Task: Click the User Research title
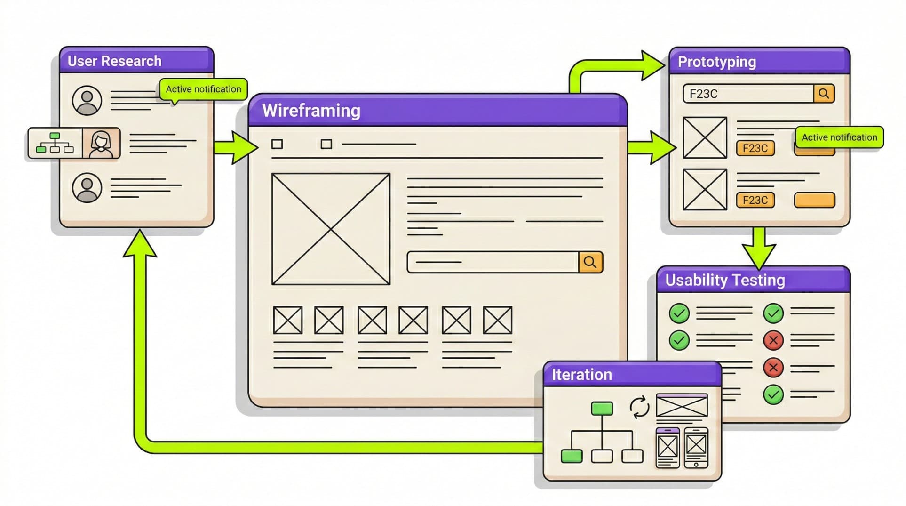114,61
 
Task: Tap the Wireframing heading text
311,111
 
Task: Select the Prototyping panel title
716,62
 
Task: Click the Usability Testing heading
725,280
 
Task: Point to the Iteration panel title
581,375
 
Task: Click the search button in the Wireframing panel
590,262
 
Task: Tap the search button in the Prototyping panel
824,94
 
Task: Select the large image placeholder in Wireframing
331,229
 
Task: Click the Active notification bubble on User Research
203,89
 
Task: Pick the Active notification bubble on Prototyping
839,137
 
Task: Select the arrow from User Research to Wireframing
235,147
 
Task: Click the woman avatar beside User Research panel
101,143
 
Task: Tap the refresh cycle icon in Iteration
639,407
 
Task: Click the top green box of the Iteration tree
602,409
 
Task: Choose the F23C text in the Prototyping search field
703,94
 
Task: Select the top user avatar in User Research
87,100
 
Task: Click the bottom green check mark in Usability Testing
773,394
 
